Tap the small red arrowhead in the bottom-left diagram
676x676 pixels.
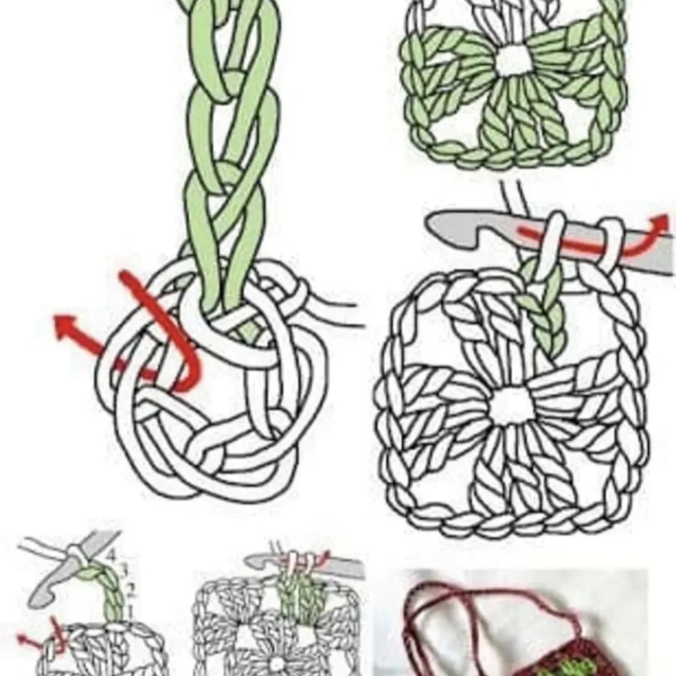pos(23,640)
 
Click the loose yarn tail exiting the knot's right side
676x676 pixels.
pos(338,313)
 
